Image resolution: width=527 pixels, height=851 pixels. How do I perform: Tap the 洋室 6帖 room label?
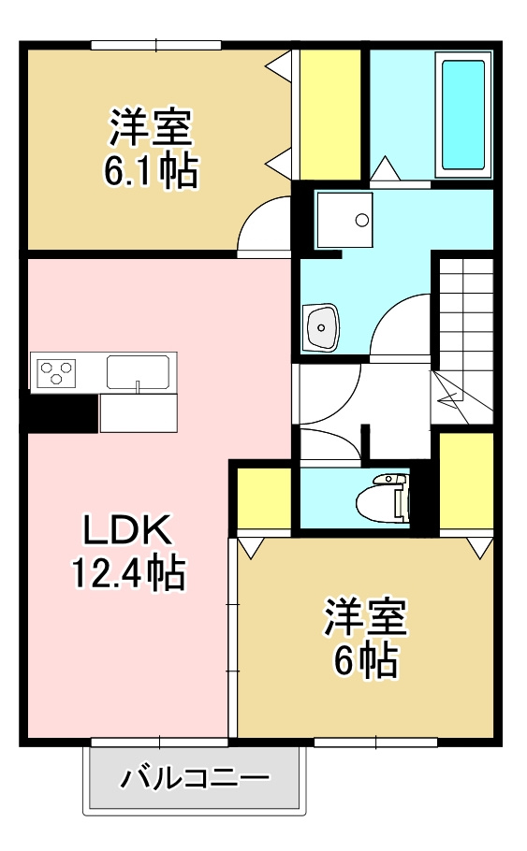[365, 637]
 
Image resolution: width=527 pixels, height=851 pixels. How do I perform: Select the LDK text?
[126, 532]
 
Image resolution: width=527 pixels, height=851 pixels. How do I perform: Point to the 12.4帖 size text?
[128, 572]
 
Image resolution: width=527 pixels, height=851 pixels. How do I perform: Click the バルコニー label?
[196, 777]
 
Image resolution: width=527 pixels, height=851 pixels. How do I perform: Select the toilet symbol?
[386, 498]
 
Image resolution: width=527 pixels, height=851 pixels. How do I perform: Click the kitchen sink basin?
[138, 371]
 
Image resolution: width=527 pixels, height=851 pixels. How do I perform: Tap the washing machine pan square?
[344, 220]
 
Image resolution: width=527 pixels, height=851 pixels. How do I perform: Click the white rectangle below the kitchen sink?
[138, 412]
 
